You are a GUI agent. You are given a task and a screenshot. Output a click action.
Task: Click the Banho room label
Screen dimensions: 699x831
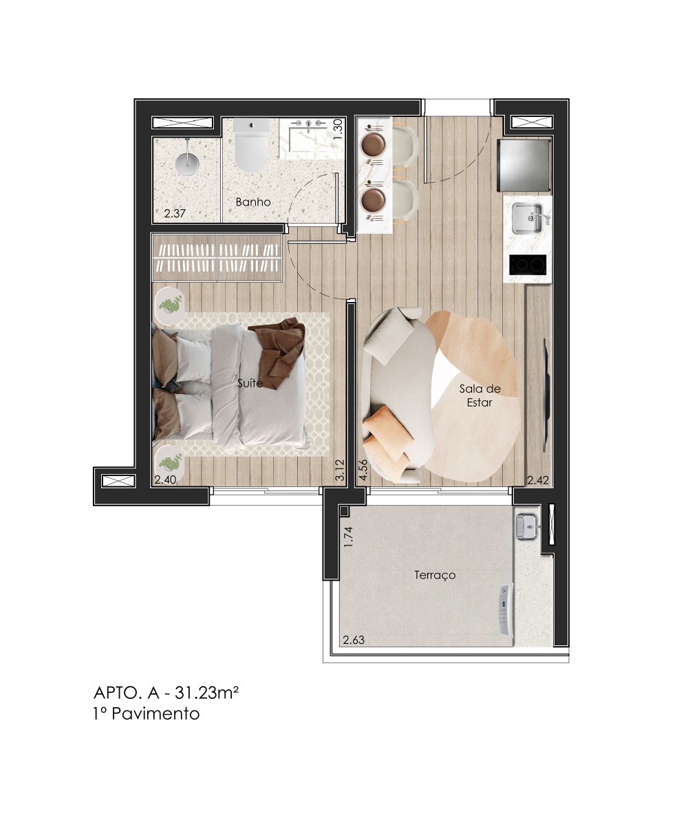253,202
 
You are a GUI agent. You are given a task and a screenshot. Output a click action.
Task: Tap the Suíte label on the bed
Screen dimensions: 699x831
250,383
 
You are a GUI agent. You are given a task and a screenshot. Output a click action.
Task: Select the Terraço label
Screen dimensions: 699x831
435,575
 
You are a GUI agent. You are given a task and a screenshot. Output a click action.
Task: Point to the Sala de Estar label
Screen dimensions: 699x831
480,395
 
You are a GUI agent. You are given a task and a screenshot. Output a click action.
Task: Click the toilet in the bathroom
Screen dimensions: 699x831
250,146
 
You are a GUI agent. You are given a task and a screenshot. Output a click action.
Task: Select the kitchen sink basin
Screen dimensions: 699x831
527,218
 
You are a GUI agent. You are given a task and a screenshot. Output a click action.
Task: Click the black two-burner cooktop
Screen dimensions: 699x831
528,265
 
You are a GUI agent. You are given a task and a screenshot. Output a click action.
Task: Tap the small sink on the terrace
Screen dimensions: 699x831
527,528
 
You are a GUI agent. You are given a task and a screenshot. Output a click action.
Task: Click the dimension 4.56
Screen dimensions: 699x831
363,471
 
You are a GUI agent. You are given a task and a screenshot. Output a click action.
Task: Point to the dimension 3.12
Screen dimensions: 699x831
340,471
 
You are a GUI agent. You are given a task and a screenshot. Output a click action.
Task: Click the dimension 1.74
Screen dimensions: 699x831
348,537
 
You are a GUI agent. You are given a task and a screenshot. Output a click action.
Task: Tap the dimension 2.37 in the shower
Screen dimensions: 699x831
175,214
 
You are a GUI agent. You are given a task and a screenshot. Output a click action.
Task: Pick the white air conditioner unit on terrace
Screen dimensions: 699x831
506,615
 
